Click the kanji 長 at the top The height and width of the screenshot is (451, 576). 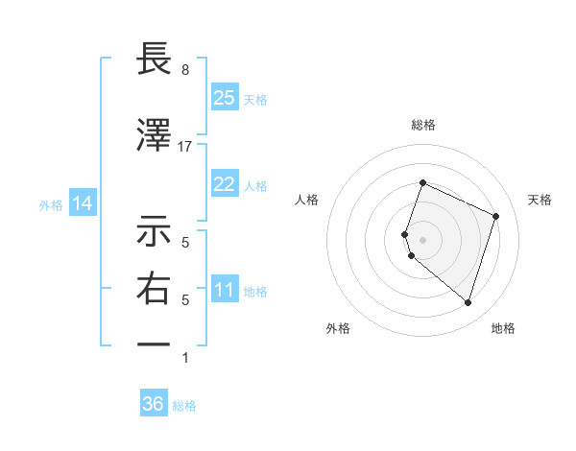pos(154,60)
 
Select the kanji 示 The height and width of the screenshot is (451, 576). pos(154,232)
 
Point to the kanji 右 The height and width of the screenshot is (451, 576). pos(154,289)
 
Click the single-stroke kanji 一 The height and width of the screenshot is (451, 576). pos(154,344)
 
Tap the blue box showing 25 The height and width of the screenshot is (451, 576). pos(225,98)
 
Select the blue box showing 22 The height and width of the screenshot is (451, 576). pos(225,184)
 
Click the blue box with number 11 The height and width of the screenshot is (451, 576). pos(225,290)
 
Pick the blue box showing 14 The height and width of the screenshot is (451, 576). pos(83,203)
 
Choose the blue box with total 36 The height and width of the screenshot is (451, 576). pos(154,404)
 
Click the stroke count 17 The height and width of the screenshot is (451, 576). pos(185,146)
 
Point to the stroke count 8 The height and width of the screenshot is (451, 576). pos(185,70)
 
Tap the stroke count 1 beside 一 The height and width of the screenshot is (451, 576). pos(185,358)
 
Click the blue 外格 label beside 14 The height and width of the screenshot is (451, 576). pos(51,204)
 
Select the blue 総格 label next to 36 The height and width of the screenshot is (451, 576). pos(184,405)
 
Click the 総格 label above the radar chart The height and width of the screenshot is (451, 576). pos(423,125)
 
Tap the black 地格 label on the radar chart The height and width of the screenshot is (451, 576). pos(503,328)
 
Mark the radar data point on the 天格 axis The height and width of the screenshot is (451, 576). pos(496,216)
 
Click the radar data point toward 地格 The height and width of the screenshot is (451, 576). pos(468,303)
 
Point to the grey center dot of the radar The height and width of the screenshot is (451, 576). pos(423,238)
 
